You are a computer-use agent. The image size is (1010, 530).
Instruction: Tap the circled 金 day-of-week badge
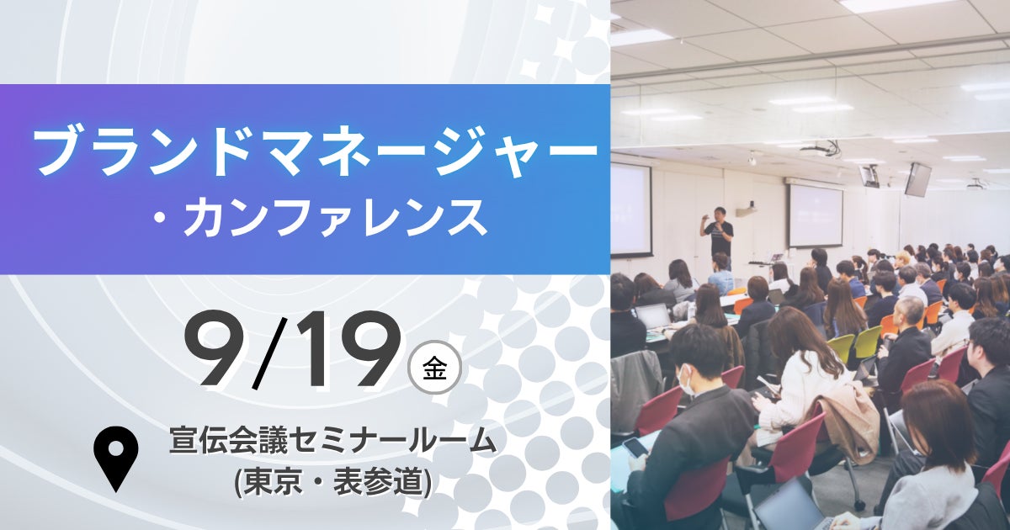(x=434, y=368)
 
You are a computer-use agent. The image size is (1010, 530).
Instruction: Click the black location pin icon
(x=116, y=458)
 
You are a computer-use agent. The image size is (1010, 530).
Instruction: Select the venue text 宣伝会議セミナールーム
(x=332, y=441)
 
